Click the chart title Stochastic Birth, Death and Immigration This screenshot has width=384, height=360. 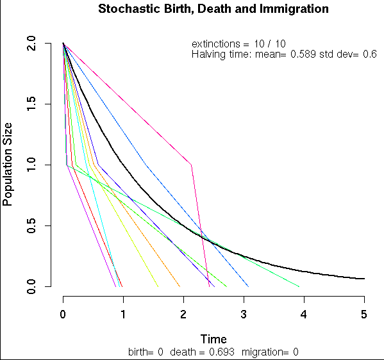click(213, 10)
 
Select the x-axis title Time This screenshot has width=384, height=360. click(213, 339)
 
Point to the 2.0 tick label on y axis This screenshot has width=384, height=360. click(31, 44)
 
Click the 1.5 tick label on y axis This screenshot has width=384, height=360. click(31, 104)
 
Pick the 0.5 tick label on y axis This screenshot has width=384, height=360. click(31, 225)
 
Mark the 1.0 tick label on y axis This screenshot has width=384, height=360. click(31, 165)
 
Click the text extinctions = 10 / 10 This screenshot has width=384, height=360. click(238, 44)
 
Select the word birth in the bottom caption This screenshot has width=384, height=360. click(139, 352)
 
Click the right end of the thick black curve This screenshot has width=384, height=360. click(364, 279)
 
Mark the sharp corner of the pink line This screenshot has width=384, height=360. click(192, 165)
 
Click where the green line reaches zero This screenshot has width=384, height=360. click(299, 286)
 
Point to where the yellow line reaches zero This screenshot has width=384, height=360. click(158, 286)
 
